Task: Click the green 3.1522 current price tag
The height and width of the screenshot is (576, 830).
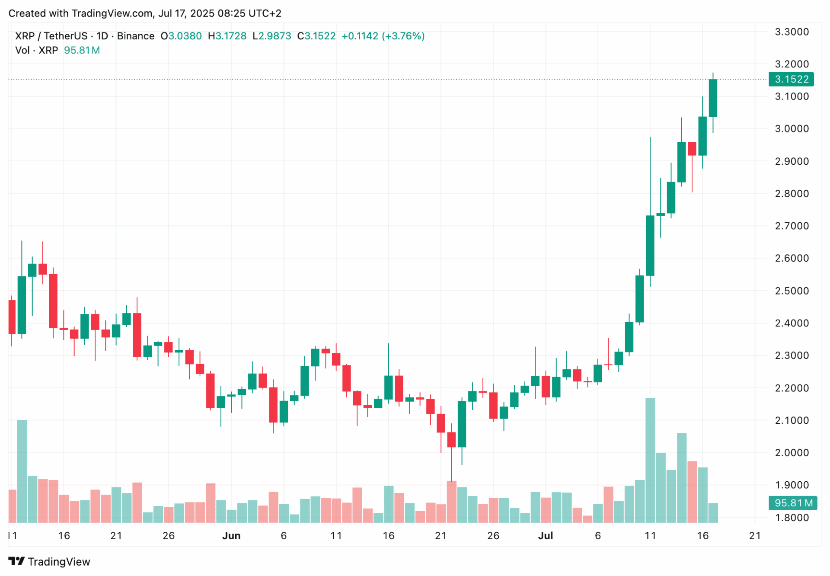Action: click(x=791, y=79)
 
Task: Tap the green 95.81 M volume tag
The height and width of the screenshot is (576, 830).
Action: click(x=792, y=503)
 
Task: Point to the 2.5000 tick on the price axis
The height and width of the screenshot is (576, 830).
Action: click(x=792, y=291)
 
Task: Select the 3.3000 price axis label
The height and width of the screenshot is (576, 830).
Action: click(x=792, y=32)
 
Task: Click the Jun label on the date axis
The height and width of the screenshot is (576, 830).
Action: click(x=231, y=536)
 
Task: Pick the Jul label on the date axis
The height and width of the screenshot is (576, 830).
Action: click(x=545, y=536)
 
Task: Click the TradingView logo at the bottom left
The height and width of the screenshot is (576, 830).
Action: click(x=49, y=562)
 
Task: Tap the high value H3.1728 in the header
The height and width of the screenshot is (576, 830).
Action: click(x=227, y=36)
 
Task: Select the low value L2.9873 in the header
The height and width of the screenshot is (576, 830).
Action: click(x=271, y=36)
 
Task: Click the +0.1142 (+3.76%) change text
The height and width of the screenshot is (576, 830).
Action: click(x=383, y=36)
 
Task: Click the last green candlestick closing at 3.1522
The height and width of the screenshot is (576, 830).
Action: click(x=713, y=98)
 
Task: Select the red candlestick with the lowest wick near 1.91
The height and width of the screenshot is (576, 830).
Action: click(x=451, y=439)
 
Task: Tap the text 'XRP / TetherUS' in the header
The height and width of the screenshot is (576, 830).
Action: click(x=51, y=36)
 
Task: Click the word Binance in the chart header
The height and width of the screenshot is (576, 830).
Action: click(x=136, y=36)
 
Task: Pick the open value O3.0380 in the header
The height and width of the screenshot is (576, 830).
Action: click(x=181, y=36)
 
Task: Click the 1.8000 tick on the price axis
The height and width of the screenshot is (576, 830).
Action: click(x=792, y=518)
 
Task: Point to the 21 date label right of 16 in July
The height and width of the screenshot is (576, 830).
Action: click(x=755, y=536)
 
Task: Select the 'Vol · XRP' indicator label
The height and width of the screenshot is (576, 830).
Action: click(x=36, y=50)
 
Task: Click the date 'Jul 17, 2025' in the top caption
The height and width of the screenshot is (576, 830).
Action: click(x=186, y=13)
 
